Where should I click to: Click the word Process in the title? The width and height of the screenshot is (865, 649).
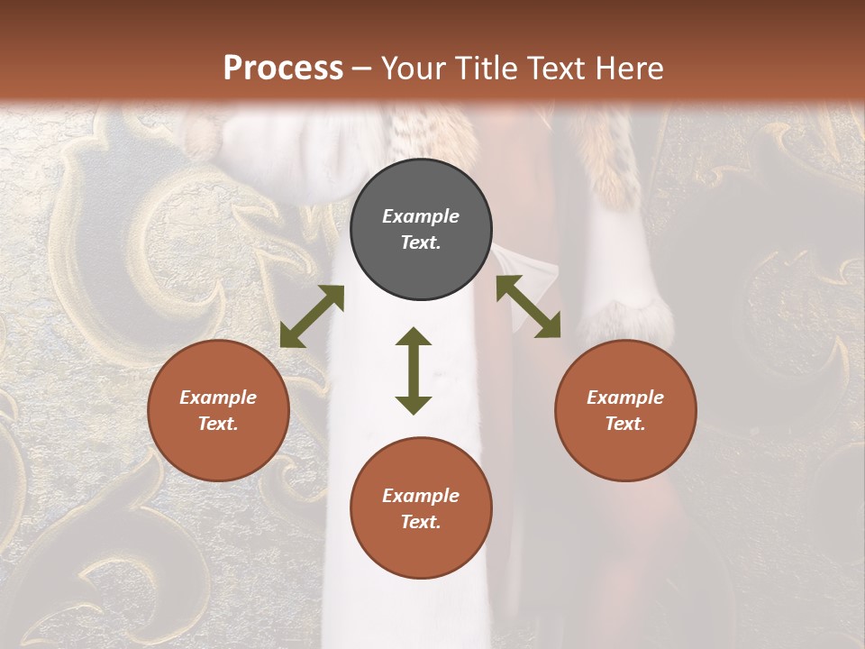click(283, 68)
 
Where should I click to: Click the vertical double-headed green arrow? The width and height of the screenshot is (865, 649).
click(414, 370)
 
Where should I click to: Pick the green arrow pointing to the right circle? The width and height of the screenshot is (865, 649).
click(528, 306)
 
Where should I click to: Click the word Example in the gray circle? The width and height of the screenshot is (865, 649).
click(421, 216)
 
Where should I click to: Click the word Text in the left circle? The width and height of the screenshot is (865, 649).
click(218, 424)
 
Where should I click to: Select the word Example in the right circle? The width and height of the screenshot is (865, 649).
click(625, 398)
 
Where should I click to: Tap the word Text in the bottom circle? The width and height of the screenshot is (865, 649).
click(421, 522)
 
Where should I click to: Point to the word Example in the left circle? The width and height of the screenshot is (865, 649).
click(218, 398)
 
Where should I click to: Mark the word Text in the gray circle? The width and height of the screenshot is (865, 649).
click(421, 242)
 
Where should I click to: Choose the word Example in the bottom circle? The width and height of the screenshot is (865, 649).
click(421, 496)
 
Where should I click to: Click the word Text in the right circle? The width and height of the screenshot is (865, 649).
click(625, 424)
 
